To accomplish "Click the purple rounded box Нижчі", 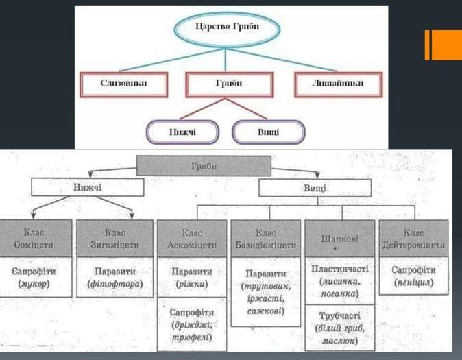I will tap(182, 130).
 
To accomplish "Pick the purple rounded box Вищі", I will tap(268, 130).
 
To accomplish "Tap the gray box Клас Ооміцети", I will tap(34, 239).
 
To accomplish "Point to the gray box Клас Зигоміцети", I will tap(113, 239).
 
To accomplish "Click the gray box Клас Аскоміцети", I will tap(191, 239).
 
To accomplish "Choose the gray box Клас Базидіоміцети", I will tap(266, 239).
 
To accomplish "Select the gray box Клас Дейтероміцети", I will tap(413, 239).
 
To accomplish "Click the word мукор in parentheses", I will tap(34, 283).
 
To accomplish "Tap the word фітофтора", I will tap(113, 283).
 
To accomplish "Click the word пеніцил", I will tap(413, 283).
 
